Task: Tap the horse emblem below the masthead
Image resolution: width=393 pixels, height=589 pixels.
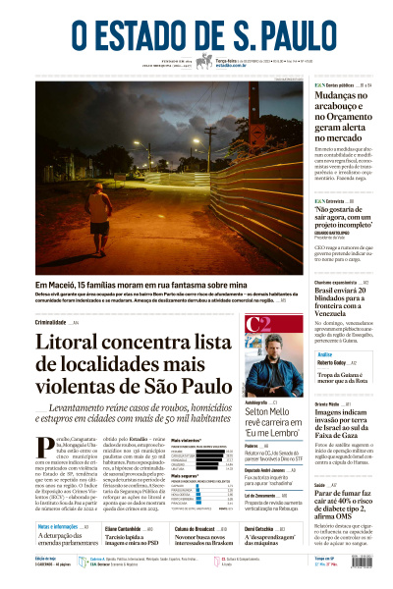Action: coord(201,62)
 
